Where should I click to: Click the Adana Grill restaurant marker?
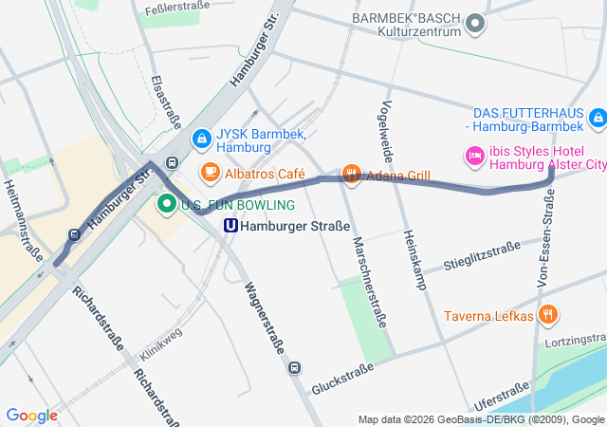tap(352, 174)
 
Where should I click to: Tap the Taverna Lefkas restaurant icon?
tap(547, 314)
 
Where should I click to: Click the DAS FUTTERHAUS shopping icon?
tap(597, 119)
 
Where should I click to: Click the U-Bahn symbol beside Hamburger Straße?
tap(230, 226)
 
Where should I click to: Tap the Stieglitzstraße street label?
tap(482, 257)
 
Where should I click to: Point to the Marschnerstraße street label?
tap(368, 282)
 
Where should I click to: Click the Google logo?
tap(31, 416)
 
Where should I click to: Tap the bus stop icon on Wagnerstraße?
tap(295, 367)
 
